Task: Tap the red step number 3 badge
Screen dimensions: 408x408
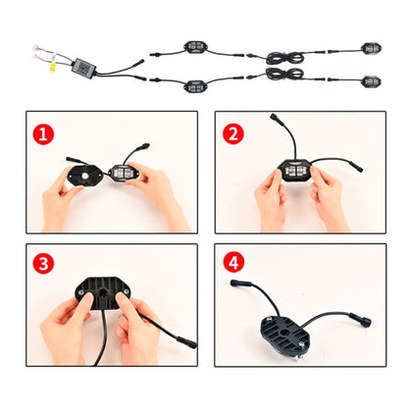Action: pos(41,262)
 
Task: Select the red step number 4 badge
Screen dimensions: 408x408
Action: pos(230,262)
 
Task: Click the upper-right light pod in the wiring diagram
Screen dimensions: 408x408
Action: pos(371,47)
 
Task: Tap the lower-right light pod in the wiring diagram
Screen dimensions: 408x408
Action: pos(371,82)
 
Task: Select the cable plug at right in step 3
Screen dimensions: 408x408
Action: pos(186,342)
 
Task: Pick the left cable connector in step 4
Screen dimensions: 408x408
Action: pos(235,284)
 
